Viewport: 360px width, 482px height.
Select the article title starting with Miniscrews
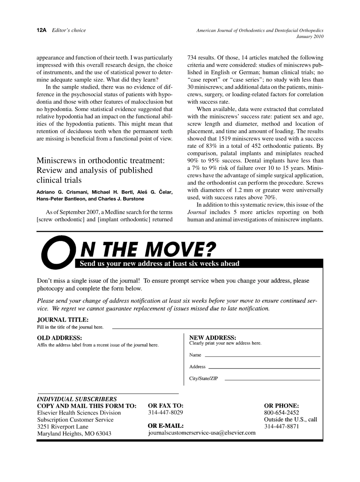[x=100, y=170]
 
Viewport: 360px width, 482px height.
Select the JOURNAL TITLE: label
[x=63, y=320]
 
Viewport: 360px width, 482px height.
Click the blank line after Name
[x=262, y=357]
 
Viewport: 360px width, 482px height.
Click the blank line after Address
[x=264, y=368]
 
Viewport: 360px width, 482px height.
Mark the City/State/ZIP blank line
[x=272, y=379]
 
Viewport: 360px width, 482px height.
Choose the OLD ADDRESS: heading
[x=59, y=338]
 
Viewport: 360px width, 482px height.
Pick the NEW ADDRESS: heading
[x=213, y=338]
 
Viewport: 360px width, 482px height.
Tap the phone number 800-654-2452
[x=281, y=413]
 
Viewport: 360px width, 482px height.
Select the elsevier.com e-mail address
[x=202, y=433]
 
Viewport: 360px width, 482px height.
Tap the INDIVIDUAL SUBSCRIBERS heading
[x=77, y=399]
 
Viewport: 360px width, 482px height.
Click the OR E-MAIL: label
[x=166, y=426]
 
